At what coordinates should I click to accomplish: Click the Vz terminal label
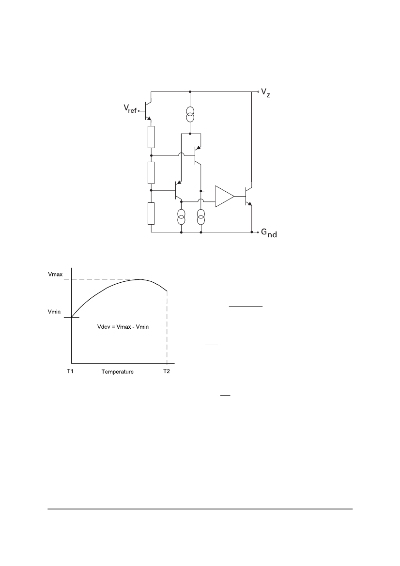(265, 93)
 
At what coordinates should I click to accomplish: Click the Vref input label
(130, 108)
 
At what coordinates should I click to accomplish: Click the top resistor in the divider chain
(151, 137)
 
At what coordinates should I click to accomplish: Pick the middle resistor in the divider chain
(151, 172)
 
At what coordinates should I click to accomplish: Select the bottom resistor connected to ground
(151, 214)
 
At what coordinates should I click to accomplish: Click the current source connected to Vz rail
(190, 114)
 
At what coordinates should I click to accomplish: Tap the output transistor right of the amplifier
(248, 196)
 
